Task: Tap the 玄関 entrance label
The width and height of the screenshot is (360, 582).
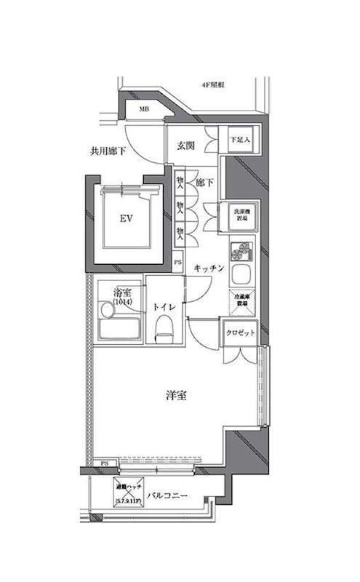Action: (x=185, y=145)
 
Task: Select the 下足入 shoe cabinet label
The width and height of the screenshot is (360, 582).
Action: (x=240, y=138)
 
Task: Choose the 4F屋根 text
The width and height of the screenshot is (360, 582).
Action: (x=212, y=86)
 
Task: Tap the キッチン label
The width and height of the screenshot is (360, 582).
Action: (x=209, y=268)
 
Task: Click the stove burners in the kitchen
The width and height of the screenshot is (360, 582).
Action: (x=241, y=251)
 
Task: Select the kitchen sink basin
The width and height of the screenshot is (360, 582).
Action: (x=241, y=276)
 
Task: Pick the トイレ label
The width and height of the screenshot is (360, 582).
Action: (x=162, y=307)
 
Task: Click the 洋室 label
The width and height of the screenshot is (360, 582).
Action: (x=177, y=396)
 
